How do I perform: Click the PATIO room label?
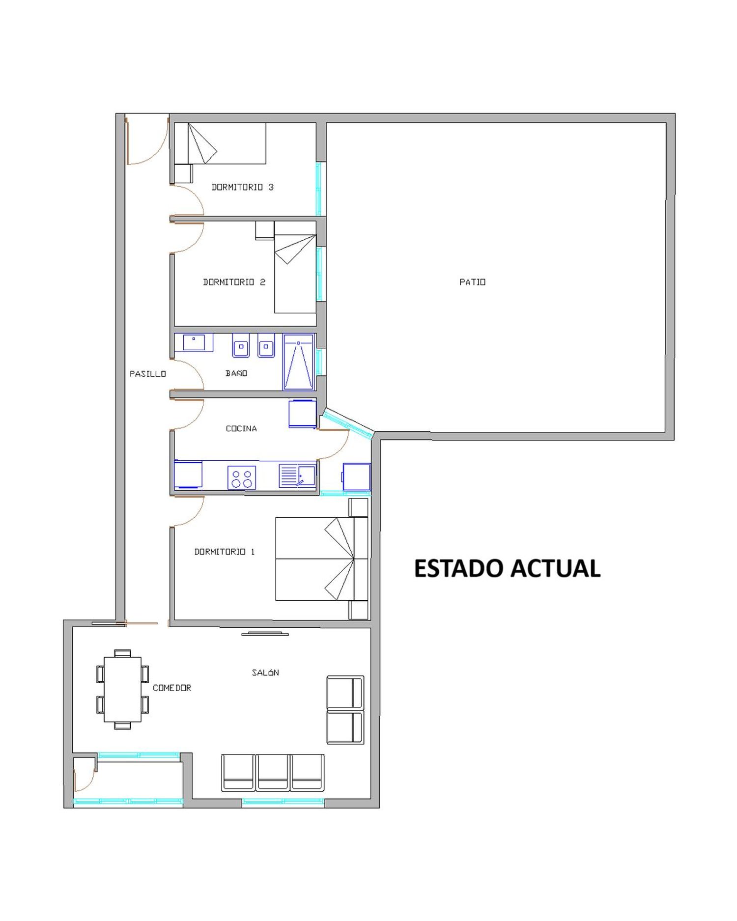[472, 282]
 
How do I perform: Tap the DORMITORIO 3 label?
[242, 187]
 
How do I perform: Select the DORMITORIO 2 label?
[234, 282]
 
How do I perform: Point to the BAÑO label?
[236, 373]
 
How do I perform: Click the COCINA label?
[241, 429]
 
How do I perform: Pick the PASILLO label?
[148, 374]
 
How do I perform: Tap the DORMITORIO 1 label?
[225, 552]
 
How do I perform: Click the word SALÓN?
[265, 672]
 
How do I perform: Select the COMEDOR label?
[172, 688]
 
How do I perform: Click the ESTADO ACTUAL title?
[507, 568]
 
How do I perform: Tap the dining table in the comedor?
[122, 689]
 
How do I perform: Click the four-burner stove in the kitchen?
[242, 477]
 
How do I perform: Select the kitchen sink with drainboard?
[297, 475]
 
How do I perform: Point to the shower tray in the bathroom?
[298, 362]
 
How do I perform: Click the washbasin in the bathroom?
[194, 342]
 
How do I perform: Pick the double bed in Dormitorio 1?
[321, 559]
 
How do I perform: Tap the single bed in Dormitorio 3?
[220, 143]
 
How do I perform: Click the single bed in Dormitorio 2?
[295, 267]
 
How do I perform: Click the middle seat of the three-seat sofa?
[273, 773]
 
